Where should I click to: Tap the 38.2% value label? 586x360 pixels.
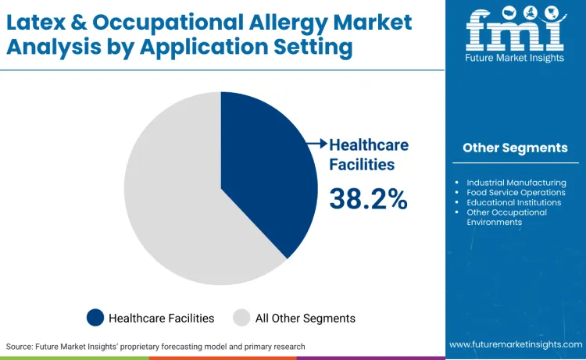pos(368,199)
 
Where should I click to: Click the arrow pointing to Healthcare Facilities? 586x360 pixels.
pos(316,144)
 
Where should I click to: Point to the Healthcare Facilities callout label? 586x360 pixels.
pos(368,155)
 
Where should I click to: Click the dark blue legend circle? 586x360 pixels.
pos(95,318)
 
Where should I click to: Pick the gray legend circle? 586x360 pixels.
pos(241,318)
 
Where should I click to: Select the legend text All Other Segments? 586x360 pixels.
pos(305,318)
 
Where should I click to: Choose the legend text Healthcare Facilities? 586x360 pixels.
pos(161,318)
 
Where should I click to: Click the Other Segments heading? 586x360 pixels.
pos(515,148)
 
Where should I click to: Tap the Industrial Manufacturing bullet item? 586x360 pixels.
pos(516,183)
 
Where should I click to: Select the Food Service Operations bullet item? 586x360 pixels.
pos(516,192)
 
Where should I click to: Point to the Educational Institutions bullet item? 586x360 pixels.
pos(513,202)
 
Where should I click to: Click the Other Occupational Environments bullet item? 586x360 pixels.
pos(506,216)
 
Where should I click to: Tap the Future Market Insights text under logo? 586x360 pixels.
pos(514,57)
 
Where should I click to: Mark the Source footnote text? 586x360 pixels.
pos(155,345)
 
